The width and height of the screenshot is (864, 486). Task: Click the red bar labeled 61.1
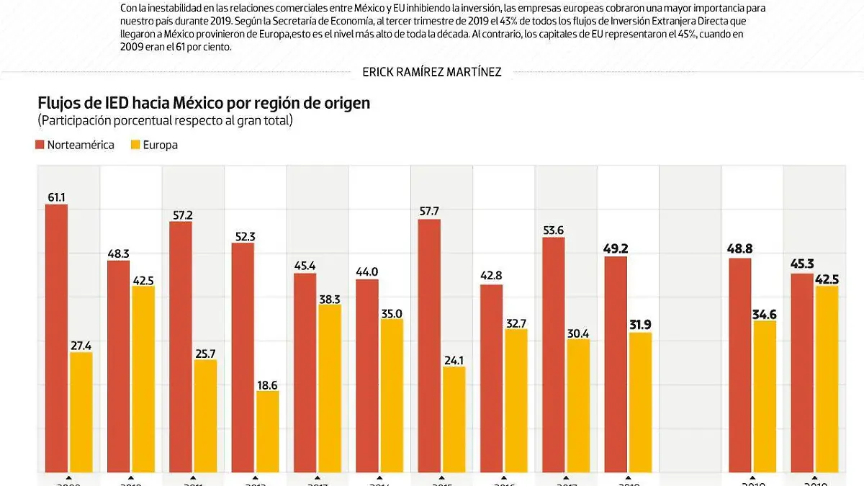tap(56, 338)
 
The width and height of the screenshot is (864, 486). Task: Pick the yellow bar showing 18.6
tap(267, 431)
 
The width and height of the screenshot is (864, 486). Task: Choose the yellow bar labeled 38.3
tap(329, 388)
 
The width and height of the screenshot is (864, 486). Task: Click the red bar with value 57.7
tap(429, 346)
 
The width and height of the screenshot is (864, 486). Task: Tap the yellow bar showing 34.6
tap(764, 396)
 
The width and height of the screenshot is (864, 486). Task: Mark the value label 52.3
tap(243, 236)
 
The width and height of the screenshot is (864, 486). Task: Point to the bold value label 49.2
tap(616, 249)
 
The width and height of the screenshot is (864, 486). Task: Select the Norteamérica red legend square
tap(40, 145)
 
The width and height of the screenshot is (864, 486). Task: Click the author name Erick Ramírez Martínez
tap(432, 71)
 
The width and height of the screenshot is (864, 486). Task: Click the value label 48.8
tap(739, 251)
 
